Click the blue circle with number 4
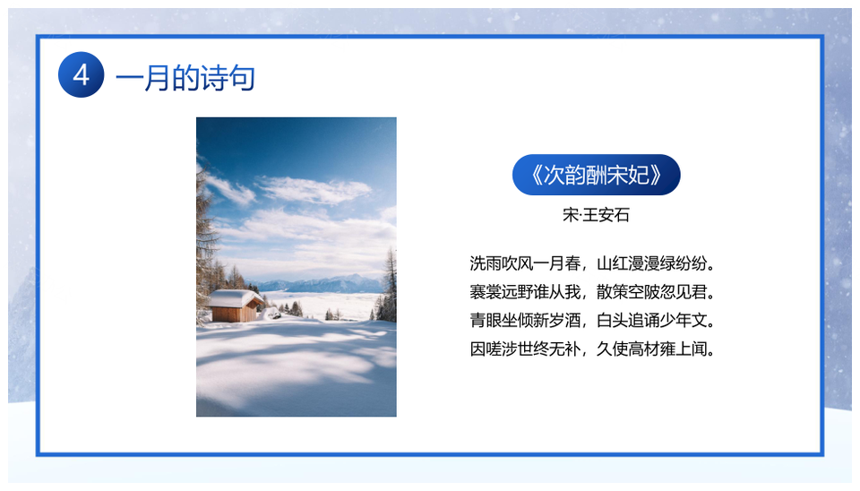point(82,74)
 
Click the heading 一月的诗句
point(185,78)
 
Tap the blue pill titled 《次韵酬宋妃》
point(597,175)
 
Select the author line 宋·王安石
point(597,214)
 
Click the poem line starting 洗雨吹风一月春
point(593,263)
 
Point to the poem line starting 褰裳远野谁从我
point(593,292)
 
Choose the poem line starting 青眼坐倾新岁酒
point(593,320)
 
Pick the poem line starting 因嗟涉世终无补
point(593,349)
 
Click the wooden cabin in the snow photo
point(235,306)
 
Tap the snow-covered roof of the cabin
point(235,297)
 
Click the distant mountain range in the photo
point(317,284)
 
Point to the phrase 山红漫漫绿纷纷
point(657,263)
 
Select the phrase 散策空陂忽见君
point(657,292)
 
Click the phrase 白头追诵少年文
point(657,320)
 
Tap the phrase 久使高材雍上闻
point(657,349)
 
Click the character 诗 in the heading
point(214,78)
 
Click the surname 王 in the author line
point(589,214)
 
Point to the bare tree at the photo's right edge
point(388,285)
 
